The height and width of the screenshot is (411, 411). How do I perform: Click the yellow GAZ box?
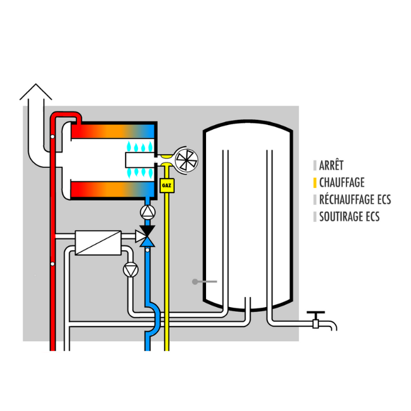[x=166, y=187]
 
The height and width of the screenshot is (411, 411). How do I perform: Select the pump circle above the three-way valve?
[x=148, y=211]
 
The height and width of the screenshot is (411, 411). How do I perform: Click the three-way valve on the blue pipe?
[x=147, y=235]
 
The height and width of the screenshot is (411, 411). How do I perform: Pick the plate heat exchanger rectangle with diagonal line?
[x=97, y=242]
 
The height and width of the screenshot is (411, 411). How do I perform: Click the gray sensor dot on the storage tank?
[x=195, y=282]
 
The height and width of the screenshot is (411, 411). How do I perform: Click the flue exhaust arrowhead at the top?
[x=36, y=92]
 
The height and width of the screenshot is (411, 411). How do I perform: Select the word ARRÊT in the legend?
[x=332, y=166]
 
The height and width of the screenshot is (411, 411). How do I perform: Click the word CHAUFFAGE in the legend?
[x=342, y=183]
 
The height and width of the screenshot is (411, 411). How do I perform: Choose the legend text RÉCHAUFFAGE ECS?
[x=355, y=200]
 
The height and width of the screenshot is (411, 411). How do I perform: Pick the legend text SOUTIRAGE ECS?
[x=349, y=217]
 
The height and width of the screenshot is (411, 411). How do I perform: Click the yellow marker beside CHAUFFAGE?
[x=315, y=183]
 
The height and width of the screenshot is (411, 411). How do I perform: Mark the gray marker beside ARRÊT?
[x=315, y=166]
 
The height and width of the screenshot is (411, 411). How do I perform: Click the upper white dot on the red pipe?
[x=53, y=137]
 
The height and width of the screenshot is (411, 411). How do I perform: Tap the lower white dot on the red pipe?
[x=53, y=264]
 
